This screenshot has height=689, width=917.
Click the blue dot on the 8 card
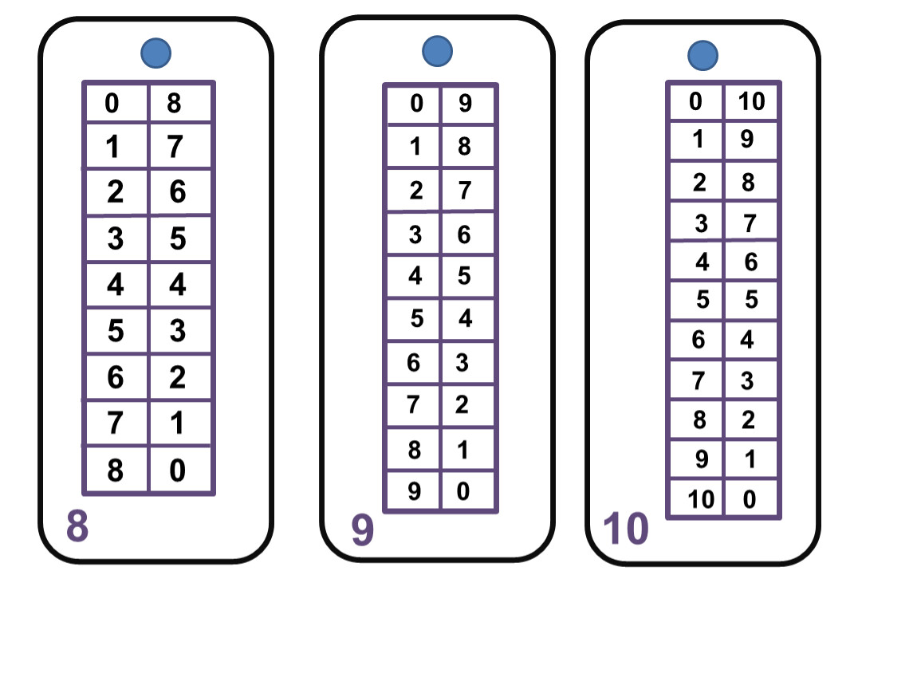pos(156,53)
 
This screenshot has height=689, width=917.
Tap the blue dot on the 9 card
pos(438,51)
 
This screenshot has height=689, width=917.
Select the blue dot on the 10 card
pos(703,56)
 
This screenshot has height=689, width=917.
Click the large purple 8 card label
pos(77,526)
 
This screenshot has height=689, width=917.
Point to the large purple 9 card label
pos(363,530)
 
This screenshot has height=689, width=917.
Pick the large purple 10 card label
pos(626,529)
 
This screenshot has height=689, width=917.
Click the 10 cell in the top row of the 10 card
pos(751,101)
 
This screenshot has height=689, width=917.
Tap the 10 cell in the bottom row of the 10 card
pos(701,499)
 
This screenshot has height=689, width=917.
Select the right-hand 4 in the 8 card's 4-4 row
pos(178,285)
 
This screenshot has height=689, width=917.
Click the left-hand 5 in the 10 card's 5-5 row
pos(703,300)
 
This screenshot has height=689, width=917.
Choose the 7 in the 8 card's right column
pos(175,147)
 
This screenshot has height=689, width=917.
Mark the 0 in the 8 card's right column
pos(178,470)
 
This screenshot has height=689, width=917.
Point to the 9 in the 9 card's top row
pos(465,103)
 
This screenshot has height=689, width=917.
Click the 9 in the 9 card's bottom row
pos(414,491)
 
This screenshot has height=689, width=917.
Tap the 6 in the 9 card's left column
pos(414,363)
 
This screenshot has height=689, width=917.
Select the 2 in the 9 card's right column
pos(462,405)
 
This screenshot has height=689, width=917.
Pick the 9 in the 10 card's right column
pos(747,139)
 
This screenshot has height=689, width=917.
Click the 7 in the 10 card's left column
pos(699,380)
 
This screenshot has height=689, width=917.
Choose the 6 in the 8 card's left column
pos(115,377)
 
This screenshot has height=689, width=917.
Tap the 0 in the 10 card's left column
pos(695,101)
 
